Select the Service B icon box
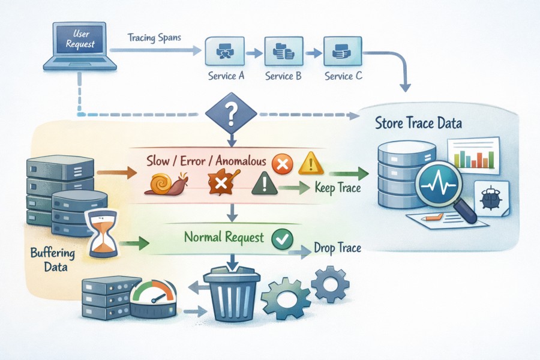point(282,52)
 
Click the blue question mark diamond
point(231,111)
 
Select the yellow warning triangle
point(311,163)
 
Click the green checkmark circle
point(281,239)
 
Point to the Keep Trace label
point(337,188)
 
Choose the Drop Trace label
point(337,248)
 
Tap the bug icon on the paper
point(490,197)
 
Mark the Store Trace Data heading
point(418,125)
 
